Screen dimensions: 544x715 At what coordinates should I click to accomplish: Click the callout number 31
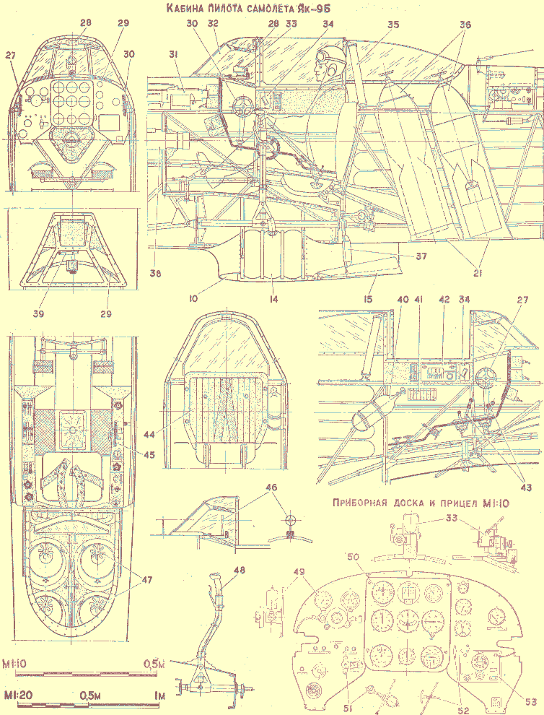pos(174,55)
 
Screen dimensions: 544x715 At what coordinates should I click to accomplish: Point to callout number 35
pos(392,24)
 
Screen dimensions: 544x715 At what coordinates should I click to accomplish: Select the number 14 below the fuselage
pos(273,299)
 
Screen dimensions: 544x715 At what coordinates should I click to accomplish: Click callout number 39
pos(38,313)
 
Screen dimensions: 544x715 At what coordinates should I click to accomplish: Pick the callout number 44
pos(149,434)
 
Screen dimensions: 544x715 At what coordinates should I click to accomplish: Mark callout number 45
pos(149,454)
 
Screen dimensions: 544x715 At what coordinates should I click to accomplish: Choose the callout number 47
pos(146,580)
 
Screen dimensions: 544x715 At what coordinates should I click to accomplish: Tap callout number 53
pos(531,701)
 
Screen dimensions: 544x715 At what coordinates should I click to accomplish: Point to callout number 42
pos(444,300)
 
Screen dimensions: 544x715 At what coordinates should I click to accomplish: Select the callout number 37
pos(421,256)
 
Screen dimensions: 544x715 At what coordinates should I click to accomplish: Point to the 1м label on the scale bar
pos(159,695)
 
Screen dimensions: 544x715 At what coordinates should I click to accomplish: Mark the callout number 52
pos(464,711)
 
